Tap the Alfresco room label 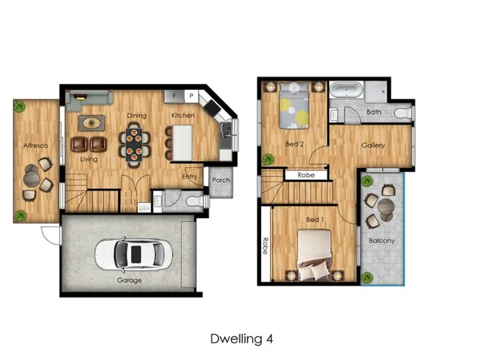click(36, 146)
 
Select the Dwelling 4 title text click(241, 339)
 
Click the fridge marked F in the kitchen click(174, 96)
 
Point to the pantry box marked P click(191, 96)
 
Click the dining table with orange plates click(134, 145)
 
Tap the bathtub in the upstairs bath click(346, 89)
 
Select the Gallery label click(373, 145)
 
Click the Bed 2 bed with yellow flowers click(294, 105)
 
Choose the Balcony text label click(382, 241)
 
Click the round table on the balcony click(386, 207)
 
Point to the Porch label click(221, 180)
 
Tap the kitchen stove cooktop click(212, 107)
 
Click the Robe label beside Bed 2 click(306, 175)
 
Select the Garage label click(129, 281)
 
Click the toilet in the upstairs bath click(403, 113)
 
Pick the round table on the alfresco click(31, 178)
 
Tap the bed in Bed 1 click(314, 255)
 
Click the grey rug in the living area click(91, 123)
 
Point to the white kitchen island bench click(183, 143)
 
